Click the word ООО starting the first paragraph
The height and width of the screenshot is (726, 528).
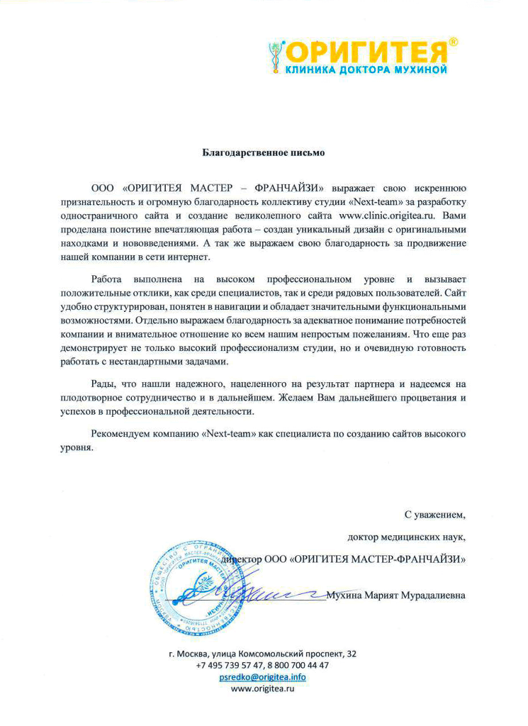click(103, 188)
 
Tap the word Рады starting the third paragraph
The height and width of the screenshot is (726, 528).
click(103, 384)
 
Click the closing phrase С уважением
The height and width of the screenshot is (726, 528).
click(435, 513)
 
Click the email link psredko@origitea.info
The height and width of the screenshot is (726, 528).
click(263, 677)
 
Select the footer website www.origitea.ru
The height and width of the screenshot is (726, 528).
click(263, 689)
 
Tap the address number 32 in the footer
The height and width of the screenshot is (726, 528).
click(352, 653)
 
